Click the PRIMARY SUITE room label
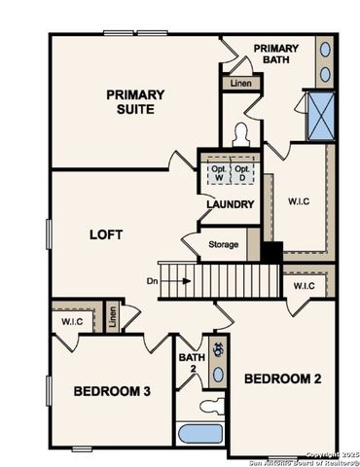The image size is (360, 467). coord(135,102)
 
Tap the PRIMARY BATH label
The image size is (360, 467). coord(276,54)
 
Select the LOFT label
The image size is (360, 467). coord(104,234)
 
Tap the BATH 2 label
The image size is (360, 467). coord(191,363)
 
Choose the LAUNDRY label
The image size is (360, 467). coord(230,205)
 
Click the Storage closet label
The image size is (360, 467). coord(223,244)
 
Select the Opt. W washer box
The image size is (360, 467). coord(217,172)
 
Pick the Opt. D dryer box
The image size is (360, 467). coord(243,172)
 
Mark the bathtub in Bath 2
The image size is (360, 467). coord(201,433)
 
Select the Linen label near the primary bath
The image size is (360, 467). coord(240,85)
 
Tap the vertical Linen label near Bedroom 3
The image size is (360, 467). coord(113,316)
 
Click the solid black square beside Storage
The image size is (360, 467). coord(271,251)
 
